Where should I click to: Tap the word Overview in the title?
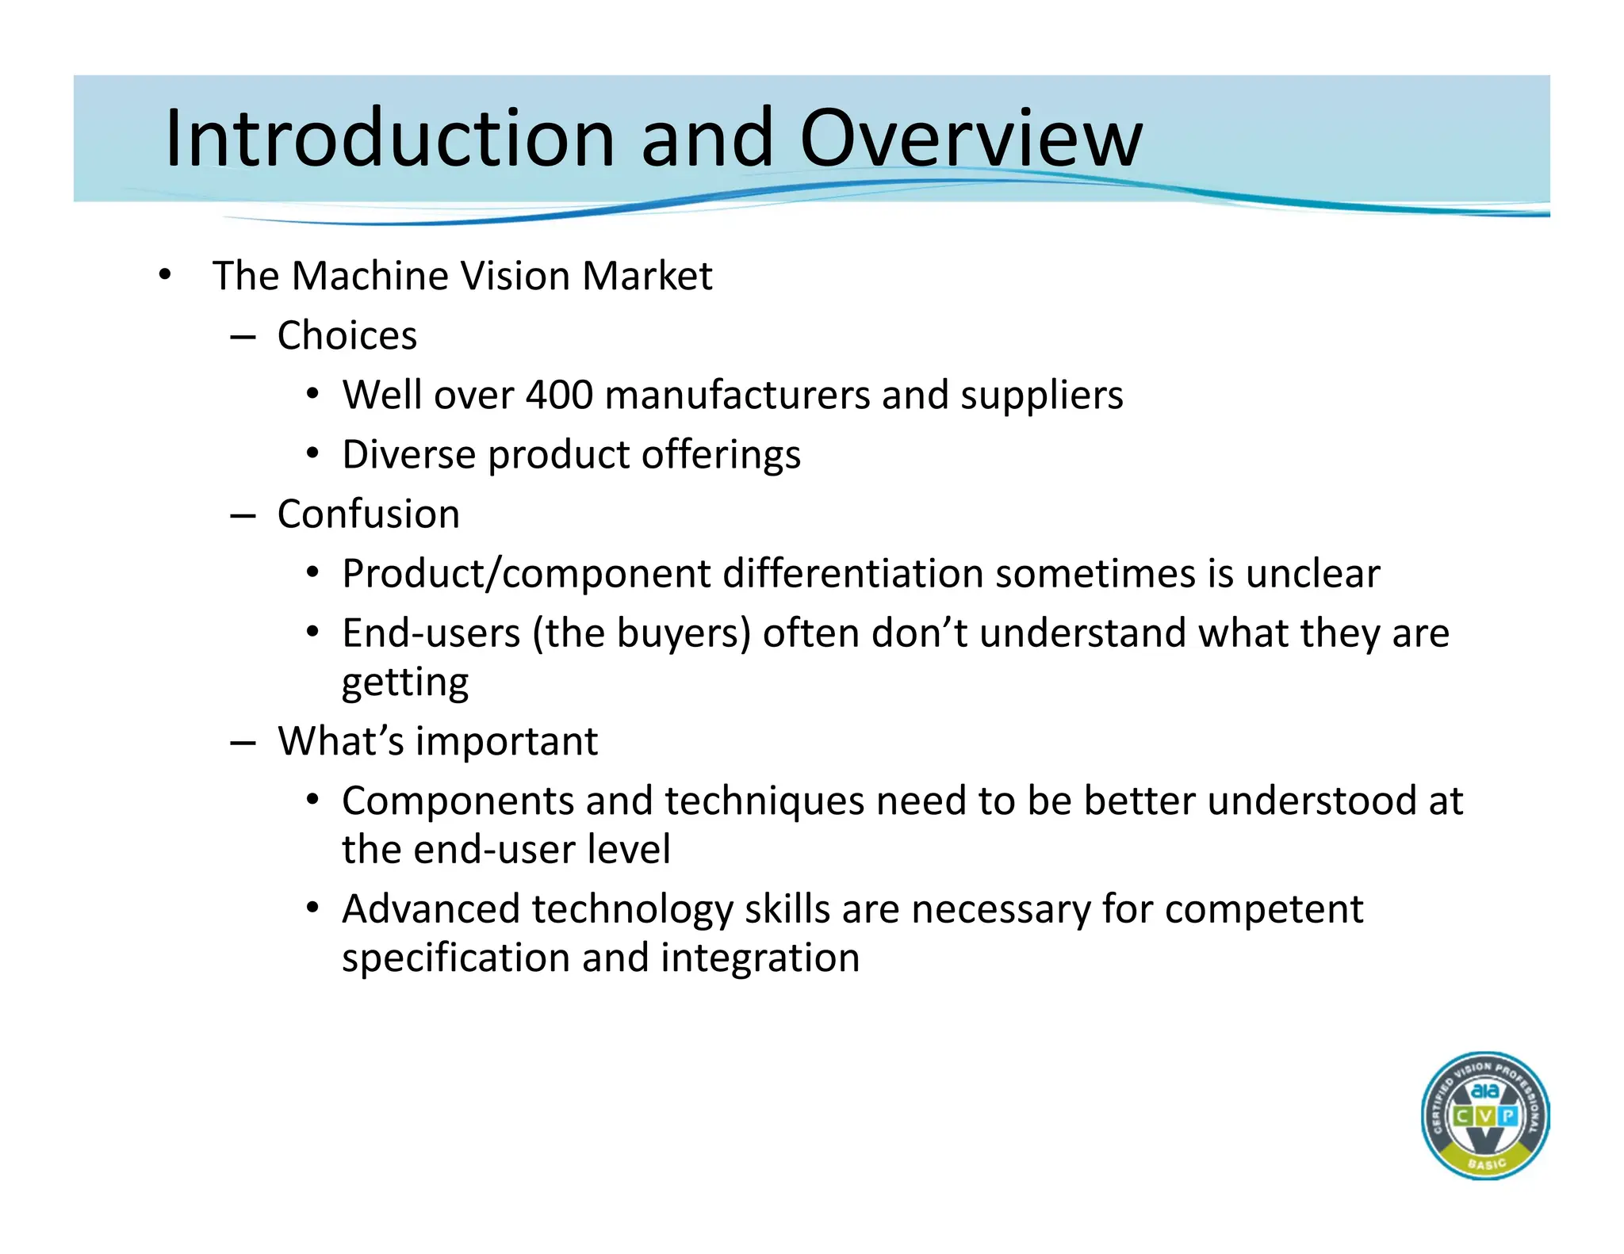point(971,139)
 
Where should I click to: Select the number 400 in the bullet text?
point(559,395)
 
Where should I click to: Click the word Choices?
point(347,335)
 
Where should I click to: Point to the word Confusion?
point(369,514)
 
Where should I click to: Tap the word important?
point(507,741)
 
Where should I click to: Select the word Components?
point(458,801)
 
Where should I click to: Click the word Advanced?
point(431,908)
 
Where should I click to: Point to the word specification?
point(456,958)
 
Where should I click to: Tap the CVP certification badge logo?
point(1484,1115)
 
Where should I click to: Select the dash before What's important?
point(243,743)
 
